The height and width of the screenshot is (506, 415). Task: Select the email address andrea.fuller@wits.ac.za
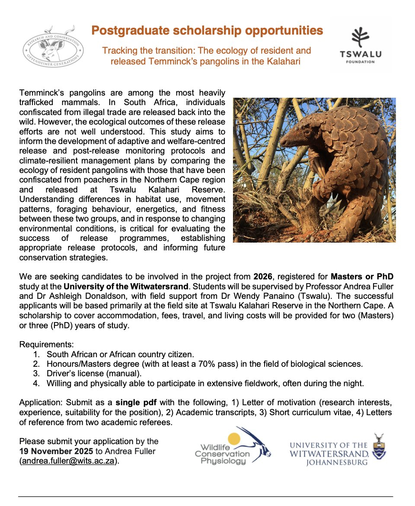68,461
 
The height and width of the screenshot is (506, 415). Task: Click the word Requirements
46,345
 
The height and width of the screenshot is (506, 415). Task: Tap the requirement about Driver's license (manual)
94,373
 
